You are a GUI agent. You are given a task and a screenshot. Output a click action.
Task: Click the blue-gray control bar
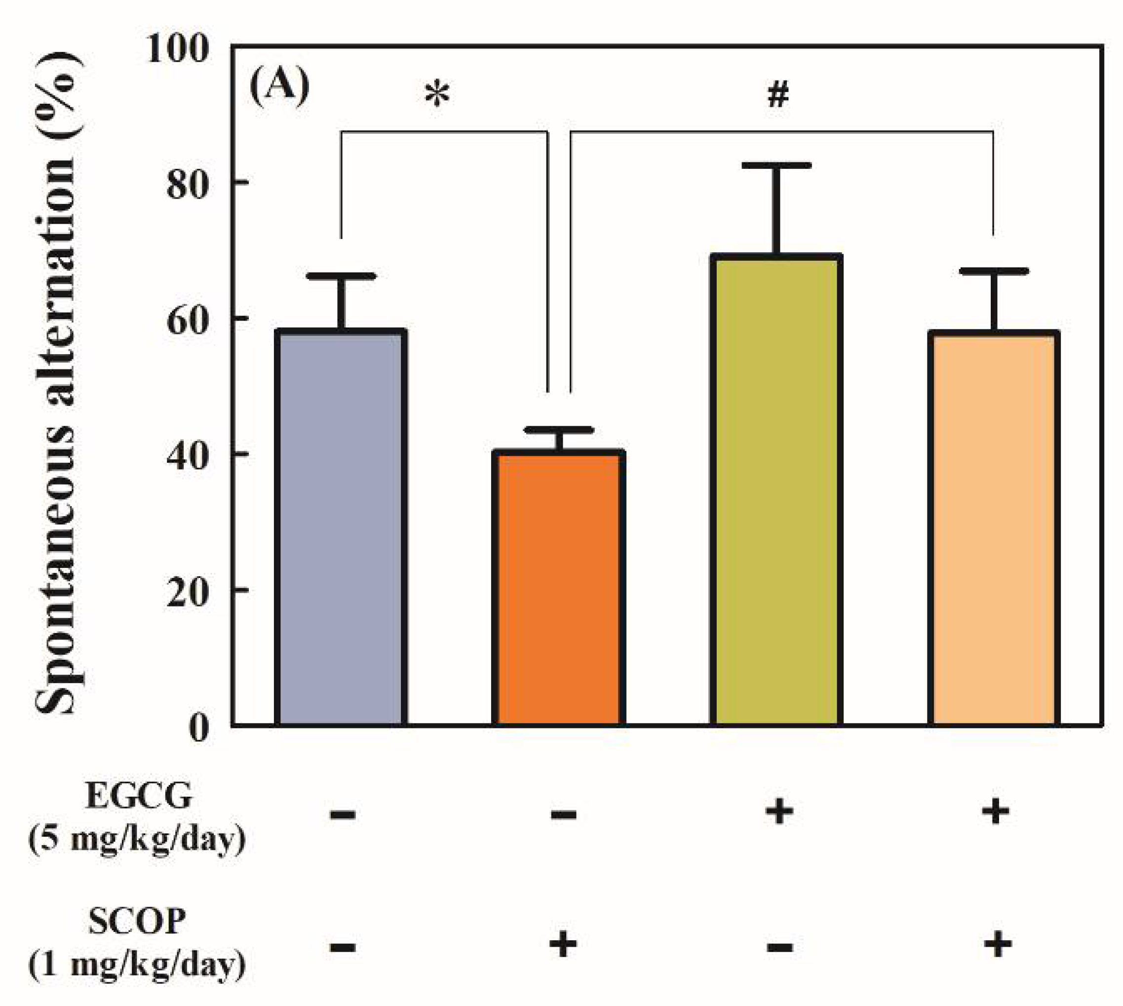(x=341, y=528)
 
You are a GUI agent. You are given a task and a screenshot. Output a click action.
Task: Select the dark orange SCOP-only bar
(x=558, y=589)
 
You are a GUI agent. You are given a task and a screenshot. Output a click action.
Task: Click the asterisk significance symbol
(x=437, y=94)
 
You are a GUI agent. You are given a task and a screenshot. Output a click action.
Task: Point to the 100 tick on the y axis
(x=177, y=48)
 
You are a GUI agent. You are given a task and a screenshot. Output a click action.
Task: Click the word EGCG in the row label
(x=139, y=797)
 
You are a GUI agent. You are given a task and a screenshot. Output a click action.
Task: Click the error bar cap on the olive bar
(x=776, y=165)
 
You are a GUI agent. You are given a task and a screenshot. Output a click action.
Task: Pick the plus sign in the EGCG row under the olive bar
(x=779, y=812)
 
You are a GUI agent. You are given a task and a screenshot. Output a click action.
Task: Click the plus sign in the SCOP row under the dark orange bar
(x=563, y=945)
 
